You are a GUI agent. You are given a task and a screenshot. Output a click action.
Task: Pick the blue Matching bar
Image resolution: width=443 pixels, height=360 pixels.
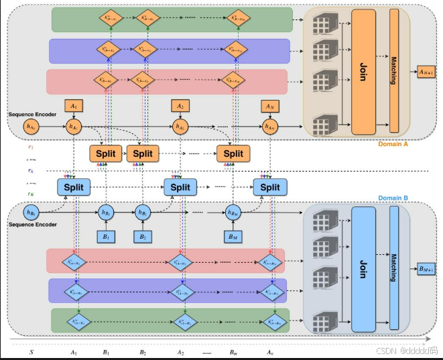pyautogui.click(x=394, y=269)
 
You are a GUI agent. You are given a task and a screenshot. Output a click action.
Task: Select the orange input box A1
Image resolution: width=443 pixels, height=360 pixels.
pyautogui.click(x=73, y=105)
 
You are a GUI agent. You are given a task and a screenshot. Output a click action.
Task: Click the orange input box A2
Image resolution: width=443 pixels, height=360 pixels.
pyautogui.click(x=179, y=105)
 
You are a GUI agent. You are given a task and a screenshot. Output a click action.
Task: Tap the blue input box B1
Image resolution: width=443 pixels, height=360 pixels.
pyautogui.click(x=106, y=236)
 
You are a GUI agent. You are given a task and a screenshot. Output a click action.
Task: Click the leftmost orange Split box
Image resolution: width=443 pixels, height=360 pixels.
pyautogui.click(x=105, y=154)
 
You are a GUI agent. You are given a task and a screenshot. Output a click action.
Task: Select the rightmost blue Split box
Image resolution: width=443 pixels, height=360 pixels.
pyautogui.click(x=270, y=187)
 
